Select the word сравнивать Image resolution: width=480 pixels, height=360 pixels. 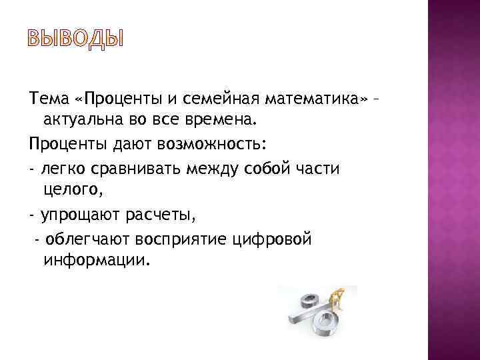133,169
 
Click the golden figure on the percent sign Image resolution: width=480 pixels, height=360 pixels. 342,297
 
